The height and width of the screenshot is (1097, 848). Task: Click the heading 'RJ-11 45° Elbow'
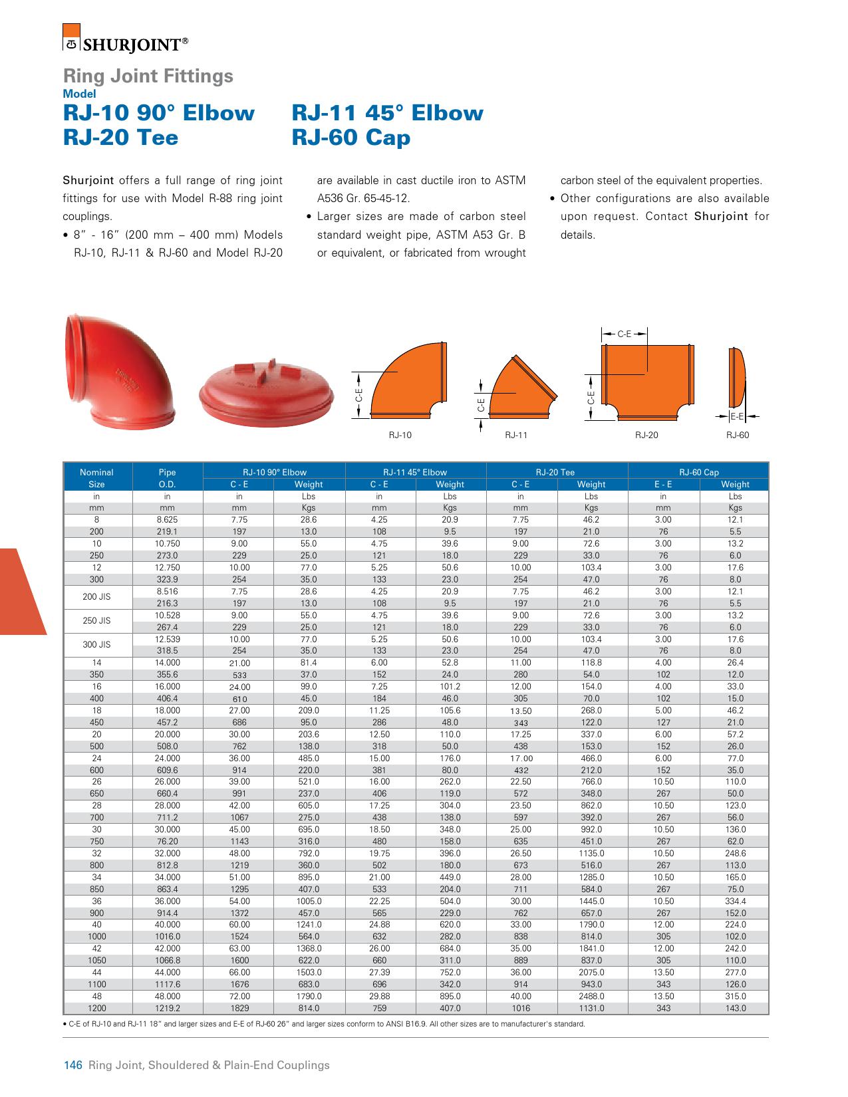(x=387, y=113)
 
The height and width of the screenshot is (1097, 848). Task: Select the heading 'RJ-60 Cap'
(x=351, y=138)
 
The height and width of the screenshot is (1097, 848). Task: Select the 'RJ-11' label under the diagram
(x=515, y=435)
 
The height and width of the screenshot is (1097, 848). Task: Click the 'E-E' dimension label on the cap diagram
(x=736, y=416)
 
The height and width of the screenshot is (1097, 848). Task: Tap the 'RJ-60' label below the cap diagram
(x=738, y=435)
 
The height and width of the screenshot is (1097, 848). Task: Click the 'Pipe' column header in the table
(x=168, y=472)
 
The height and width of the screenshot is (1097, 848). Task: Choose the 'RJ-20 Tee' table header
(x=557, y=472)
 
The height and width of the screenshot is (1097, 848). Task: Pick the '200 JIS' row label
(x=97, y=597)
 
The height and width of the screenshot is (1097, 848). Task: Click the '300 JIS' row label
(x=97, y=645)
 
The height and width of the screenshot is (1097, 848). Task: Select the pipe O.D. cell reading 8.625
(x=168, y=520)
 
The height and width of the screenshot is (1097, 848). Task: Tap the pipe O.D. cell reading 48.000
(x=168, y=997)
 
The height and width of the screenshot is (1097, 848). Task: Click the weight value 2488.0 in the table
(x=591, y=997)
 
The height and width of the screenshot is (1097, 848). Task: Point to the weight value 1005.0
(x=309, y=902)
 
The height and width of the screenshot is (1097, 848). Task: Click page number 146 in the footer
(x=72, y=1065)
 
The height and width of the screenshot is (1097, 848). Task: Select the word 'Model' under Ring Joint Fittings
(x=79, y=94)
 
